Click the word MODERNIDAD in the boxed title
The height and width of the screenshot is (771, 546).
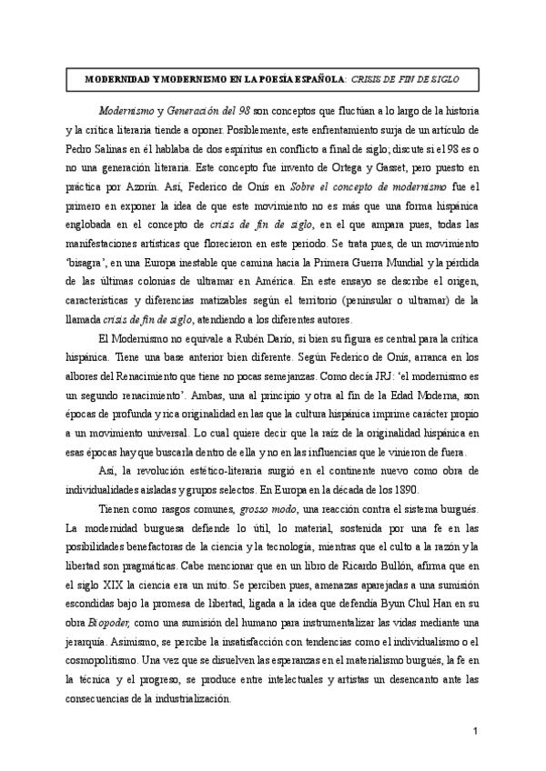tap(118, 79)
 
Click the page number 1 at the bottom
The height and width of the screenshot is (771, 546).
tap(476, 733)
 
